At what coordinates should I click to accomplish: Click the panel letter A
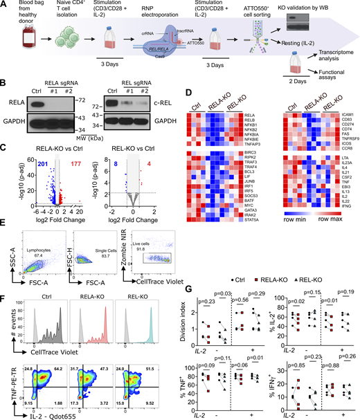click(x=6, y=6)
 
